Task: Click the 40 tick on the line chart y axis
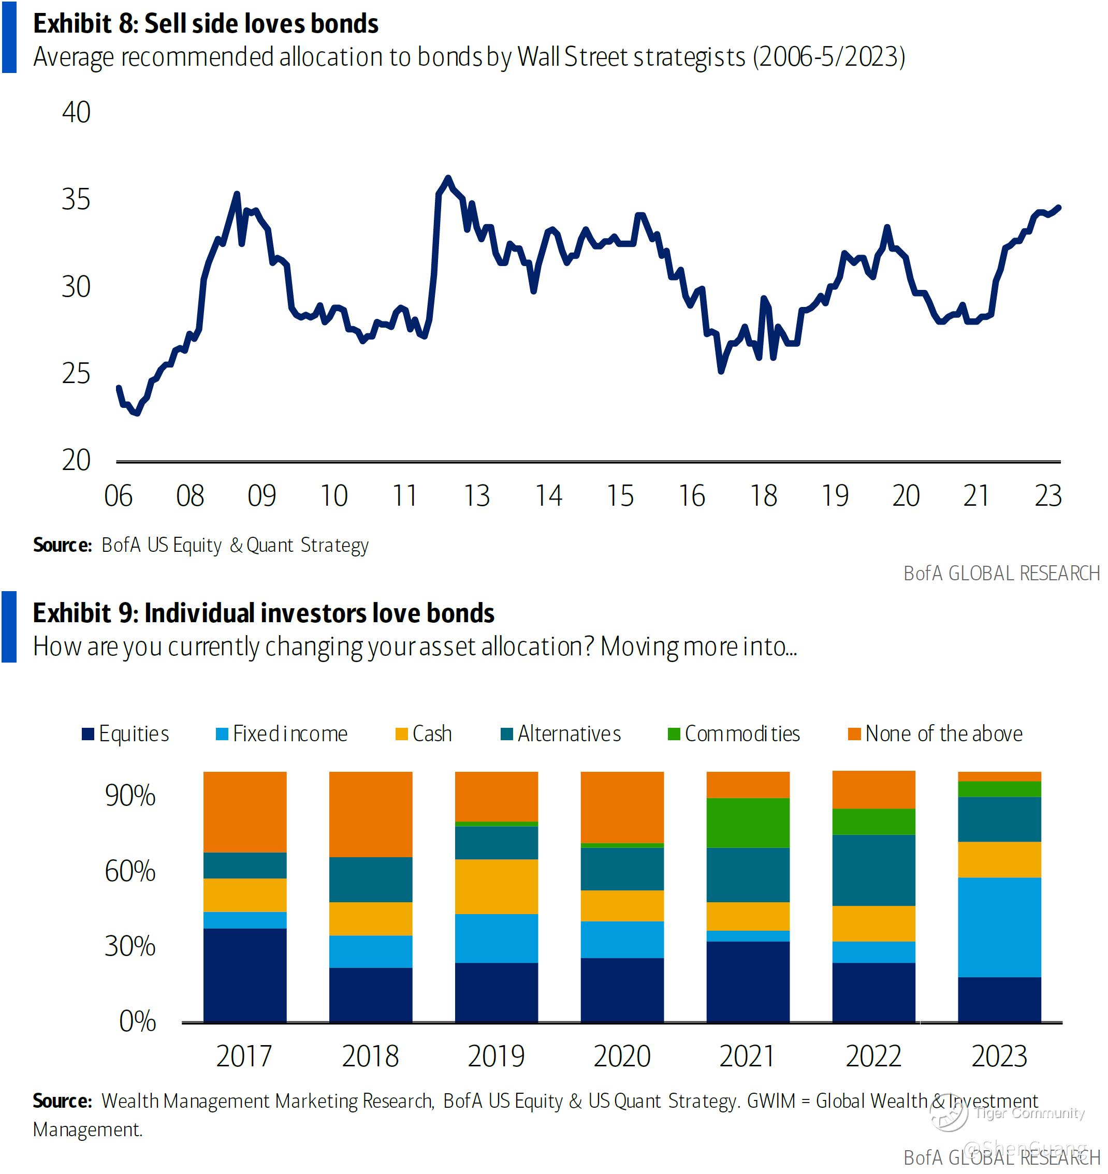coord(76,112)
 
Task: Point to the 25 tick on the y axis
coord(76,373)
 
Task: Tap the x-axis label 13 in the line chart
coord(477,496)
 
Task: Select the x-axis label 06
coord(118,496)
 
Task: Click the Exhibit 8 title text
coord(206,24)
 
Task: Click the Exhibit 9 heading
coord(264,613)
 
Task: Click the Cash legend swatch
coord(402,735)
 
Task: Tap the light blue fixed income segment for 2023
coord(999,927)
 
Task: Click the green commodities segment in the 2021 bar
coord(748,823)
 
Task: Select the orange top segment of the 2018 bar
coord(371,814)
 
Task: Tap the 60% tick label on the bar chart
coord(130,872)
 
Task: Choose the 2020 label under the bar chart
coord(622,1056)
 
